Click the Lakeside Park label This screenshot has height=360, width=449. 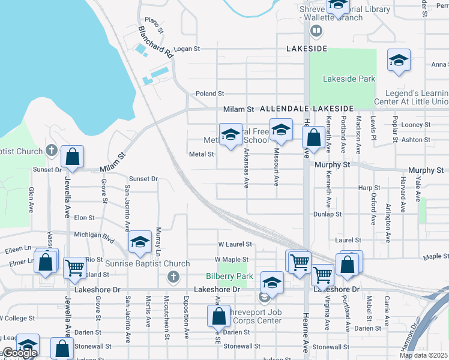click(349, 79)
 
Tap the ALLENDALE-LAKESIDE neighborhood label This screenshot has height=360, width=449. click(307, 109)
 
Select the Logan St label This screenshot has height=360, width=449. click(186, 50)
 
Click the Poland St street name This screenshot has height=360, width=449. click(209, 94)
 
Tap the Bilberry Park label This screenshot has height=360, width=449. click(229, 276)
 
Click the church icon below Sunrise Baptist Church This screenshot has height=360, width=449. click(173, 277)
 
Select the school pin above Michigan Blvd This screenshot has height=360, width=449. click(140, 242)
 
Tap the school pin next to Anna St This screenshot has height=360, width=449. click(399, 61)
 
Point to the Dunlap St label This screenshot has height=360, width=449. click(328, 214)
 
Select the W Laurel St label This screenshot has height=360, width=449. click(235, 244)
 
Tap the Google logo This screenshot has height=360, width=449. click(19, 353)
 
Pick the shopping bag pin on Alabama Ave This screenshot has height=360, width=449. click(219, 315)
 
